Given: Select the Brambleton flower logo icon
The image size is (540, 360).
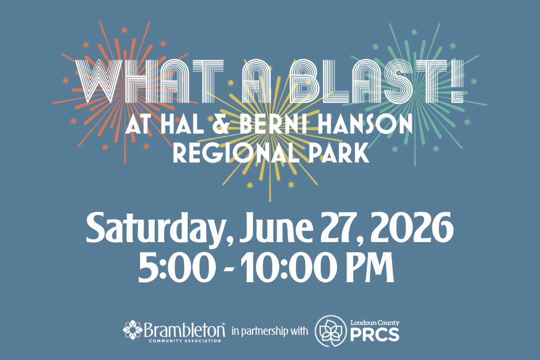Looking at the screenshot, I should [x=133, y=331].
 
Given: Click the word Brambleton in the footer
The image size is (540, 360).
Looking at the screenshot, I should [x=184, y=330].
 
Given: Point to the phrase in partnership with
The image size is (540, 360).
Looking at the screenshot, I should [x=269, y=332].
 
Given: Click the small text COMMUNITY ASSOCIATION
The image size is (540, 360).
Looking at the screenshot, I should [x=184, y=341].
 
